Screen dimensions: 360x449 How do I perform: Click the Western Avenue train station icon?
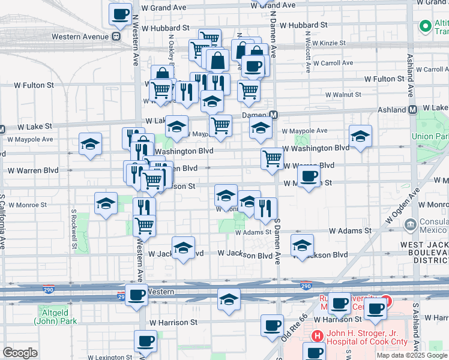point(116,37)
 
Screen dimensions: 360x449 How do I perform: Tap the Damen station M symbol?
point(273,115)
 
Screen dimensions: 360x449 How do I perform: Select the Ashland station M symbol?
point(413,110)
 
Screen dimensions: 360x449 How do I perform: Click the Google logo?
point(20,353)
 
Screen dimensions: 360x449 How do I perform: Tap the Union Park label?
point(430,136)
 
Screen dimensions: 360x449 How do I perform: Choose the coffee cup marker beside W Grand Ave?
point(119,14)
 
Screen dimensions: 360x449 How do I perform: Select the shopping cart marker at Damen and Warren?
point(272,158)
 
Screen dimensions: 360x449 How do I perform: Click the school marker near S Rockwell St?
point(90,144)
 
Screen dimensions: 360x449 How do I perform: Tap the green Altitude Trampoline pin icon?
point(426,26)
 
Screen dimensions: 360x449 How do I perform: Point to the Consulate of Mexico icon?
point(411,224)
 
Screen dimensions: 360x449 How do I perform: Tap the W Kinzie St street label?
point(325,43)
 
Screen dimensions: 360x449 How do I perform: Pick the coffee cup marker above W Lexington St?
point(145,341)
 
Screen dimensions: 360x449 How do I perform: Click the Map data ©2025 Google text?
point(412,355)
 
